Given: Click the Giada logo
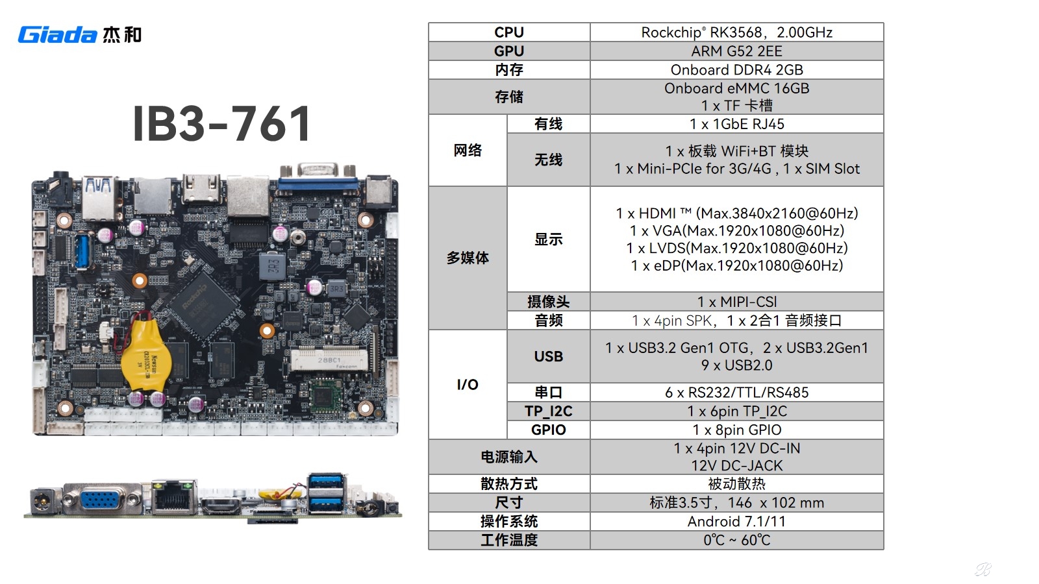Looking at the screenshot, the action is (80, 35).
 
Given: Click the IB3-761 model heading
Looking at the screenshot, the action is (221, 123).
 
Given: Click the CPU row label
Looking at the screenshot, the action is (509, 32).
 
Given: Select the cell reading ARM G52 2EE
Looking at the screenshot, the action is (736, 51).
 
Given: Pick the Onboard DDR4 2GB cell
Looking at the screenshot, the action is (736, 69).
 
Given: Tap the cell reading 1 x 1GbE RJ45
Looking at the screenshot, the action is (736, 124).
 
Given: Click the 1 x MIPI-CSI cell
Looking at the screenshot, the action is (736, 302).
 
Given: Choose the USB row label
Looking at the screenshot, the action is (548, 356).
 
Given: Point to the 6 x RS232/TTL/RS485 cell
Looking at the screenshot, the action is (736, 393).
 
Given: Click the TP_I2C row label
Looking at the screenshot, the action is (548, 411).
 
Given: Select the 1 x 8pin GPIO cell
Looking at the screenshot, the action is (736, 430).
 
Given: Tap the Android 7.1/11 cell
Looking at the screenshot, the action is (736, 522).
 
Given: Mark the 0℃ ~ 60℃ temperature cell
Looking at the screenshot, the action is (736, 540).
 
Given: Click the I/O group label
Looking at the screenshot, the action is (467, 384).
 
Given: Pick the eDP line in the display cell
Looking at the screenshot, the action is (736, 265).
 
